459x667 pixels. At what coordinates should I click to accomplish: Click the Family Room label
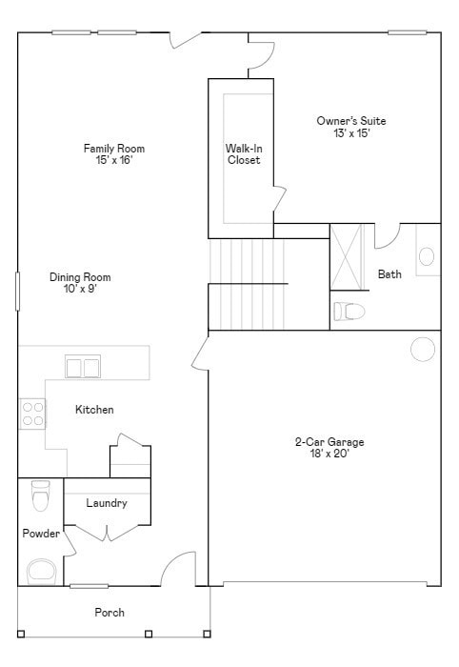tap(114, 149)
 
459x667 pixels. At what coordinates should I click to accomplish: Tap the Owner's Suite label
tap(351, 121)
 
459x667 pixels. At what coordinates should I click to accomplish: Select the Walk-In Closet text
tap(243, 154)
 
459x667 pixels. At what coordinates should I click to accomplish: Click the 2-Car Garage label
tap(329, 442)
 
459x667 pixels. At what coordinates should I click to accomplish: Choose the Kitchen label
tap(94, 410)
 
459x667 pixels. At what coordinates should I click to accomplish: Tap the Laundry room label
tap(106, 503)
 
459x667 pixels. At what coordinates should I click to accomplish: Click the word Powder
tap(41, 534)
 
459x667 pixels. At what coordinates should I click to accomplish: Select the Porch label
tap(109, 613)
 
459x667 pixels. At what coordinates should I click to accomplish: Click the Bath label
tap(389, 274)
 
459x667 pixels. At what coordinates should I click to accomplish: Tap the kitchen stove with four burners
tap(32, 414)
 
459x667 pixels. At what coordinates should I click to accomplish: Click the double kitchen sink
tap(83, 367)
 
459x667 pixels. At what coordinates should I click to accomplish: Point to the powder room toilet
tap(40, 495)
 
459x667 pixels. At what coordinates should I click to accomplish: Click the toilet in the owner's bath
tap(349, 311)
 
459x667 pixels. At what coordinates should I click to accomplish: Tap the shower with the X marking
tap(348, 256)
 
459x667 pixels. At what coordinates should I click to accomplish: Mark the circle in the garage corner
tap(423, 350)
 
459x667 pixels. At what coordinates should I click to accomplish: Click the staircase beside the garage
tap(248, 282)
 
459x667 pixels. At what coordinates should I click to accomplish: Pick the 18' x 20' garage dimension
tap(329, 455)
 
